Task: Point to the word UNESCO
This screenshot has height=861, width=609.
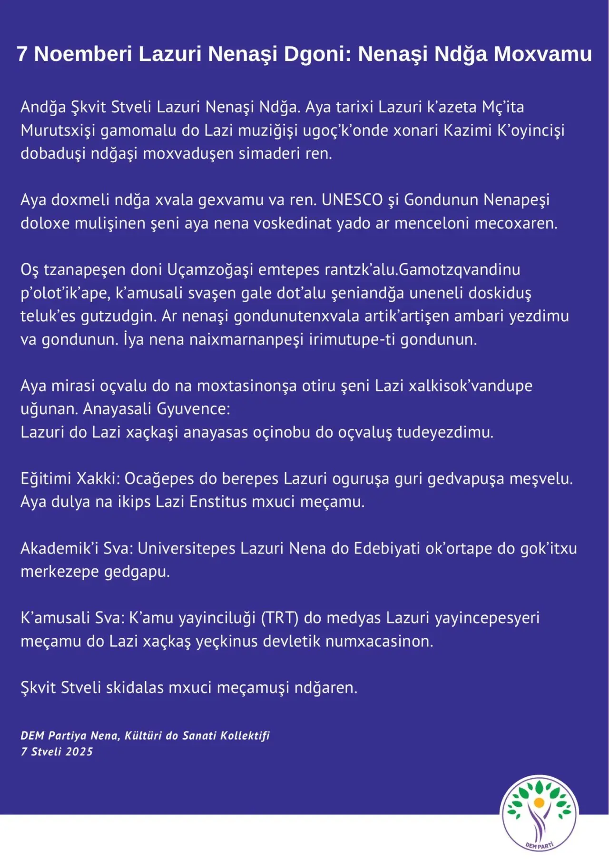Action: coord(352,200)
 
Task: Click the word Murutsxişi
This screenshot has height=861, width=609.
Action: coord(58,130)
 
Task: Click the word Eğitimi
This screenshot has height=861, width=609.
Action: coord(46,479)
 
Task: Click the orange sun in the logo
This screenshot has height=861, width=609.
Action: coord(539,802)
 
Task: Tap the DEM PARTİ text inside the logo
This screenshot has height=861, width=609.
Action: coord(540,845)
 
